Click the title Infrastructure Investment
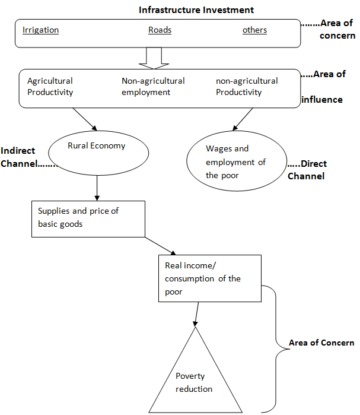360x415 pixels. coord(196,10)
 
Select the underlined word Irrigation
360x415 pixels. coord(40,30)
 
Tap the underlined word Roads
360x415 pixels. coord(160,30)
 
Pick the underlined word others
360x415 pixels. coord(254,30)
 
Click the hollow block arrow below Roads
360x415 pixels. coord(153,58)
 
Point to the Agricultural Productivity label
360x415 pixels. coord(50,87)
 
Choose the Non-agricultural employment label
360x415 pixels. coord(153,87)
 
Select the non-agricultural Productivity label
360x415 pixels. coord(247,87)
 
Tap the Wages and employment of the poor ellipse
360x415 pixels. coord(235,161)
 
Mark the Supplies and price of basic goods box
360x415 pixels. coord(88,218)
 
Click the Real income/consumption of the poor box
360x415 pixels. coord(209,278)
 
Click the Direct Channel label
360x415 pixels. coord(307,170)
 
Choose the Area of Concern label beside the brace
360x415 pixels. coord(321,343)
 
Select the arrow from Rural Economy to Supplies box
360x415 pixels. coord(96,189)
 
